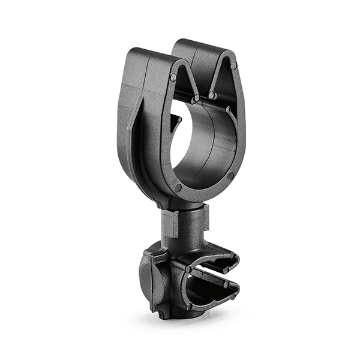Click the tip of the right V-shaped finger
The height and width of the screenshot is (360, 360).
coord(212,95)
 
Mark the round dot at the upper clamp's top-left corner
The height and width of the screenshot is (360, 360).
coord(173,77)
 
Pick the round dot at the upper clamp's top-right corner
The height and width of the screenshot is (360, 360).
coord(233,65)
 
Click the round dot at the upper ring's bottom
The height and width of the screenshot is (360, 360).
coord(178,188)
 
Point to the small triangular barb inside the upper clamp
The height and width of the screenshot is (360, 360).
coord(175,122)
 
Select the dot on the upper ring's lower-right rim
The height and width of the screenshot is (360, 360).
coord(230,175)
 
